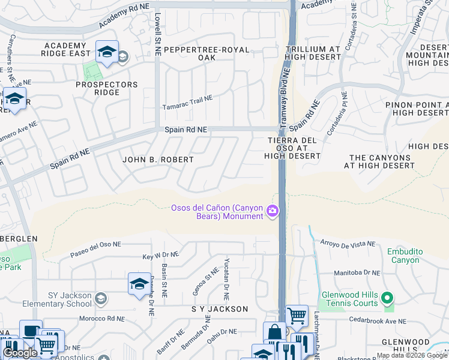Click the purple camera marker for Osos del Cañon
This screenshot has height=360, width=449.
pyautogui.click(x=273, y=211)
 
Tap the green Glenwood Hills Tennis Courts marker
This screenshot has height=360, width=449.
pyautogui.click(x=388, y=298)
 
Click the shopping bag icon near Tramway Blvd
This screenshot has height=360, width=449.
pyautogui.click(x=274, y=332)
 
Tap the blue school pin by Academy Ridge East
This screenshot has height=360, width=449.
pyautogui.click(x=106, y=52)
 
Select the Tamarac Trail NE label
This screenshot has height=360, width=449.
pyautogui.click(x=188, y=103)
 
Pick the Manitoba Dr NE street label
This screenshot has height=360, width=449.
pyautogui.click(x=357, y=272)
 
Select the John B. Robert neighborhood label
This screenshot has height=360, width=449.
pyautogui.click(x=158, y=160)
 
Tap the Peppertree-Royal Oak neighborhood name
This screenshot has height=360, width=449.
pyautogui.click(x=206, y=53)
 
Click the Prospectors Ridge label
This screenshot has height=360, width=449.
pyautogui.click(x=106, y=88)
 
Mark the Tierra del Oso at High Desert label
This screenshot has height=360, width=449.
pyautogui.click(x=292, y=148)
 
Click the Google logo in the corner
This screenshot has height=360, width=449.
pyautogui.click(x=20, y=353)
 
